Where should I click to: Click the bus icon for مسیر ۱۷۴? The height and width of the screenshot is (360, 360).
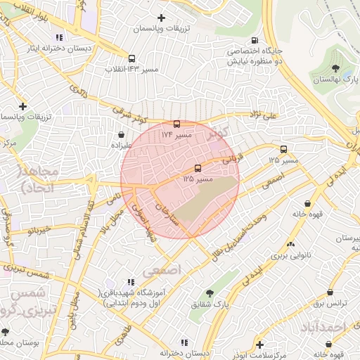(x=176, y=124)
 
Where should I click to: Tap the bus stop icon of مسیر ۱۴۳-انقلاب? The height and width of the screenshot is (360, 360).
(x=131, y=59)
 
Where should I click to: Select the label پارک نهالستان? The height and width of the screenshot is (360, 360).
(x=334, y=80)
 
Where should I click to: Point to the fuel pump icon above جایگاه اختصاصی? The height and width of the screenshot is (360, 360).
(x=254, y=40)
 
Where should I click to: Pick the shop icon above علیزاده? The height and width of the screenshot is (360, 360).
(x=122, y=134)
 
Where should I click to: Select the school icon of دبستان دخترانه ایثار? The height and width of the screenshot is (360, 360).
(x=60, y=37)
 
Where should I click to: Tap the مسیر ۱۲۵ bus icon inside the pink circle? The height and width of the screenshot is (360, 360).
(x=198, y=168)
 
